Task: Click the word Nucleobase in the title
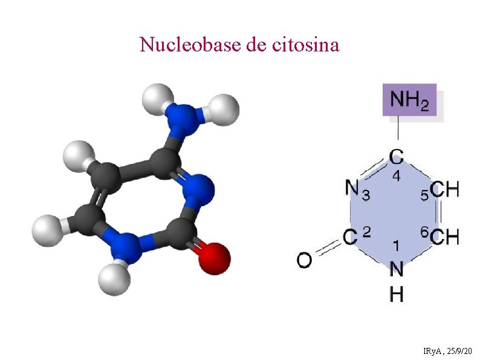tap(190, 44)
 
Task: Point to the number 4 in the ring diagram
tap(397, 177)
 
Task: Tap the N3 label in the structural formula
tap(357, 190)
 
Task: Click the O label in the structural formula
tap(305, 260)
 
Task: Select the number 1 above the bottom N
tap(396, 246)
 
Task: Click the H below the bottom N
tap(397, 294)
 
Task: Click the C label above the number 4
tap(397, 157)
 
